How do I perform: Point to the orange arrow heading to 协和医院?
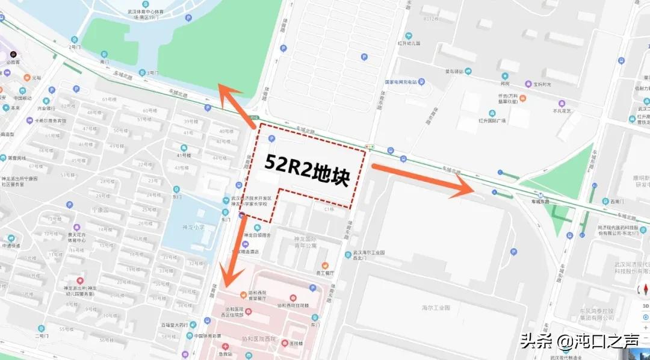[x=234, y=252]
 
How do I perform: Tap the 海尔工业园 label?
[x=436, y=308]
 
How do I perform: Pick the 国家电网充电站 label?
[x=404, y=82]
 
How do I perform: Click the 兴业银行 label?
[x=46, y=108]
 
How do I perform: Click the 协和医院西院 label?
[x=256, y=339]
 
